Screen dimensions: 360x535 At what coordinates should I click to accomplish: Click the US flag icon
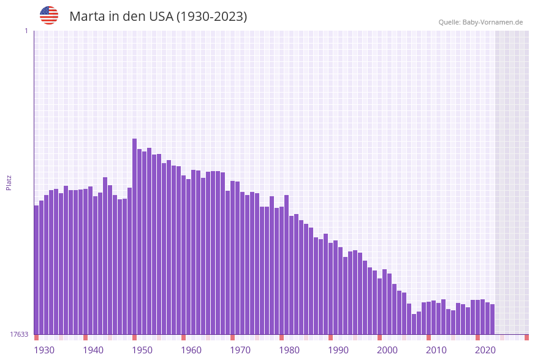(x=49, y=15)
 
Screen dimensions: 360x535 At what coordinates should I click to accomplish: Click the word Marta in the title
(x=86, y=17)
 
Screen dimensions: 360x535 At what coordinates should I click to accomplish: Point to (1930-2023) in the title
(x=211, y=17)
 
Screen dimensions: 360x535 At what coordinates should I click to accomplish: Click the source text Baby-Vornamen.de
(x=492, y=22)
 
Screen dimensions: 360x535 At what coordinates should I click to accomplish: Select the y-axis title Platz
(x=9, y=182)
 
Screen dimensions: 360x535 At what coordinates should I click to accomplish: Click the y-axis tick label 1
(x=26, y=31)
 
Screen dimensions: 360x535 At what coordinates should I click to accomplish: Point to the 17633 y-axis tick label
(x=19, y=334)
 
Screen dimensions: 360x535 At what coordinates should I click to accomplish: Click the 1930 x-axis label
(x=44, y=350)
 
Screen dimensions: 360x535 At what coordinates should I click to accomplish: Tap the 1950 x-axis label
(x=142, y=350)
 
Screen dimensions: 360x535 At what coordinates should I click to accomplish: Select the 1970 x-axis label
(x=240, y=350)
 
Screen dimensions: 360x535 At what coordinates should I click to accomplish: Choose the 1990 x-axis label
(x=338, y=350)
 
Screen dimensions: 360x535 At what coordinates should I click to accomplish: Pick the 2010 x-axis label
(x=436, y=350)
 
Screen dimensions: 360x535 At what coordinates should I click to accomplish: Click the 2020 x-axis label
(x=485, y=350)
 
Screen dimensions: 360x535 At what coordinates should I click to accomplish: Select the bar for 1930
(x=37, y=270)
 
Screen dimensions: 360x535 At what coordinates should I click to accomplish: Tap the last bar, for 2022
(x=492, y=319)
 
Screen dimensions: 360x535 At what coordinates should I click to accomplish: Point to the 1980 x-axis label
(x=289, y=350)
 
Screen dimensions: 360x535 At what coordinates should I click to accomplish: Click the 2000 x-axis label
(x=387, y=350)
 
